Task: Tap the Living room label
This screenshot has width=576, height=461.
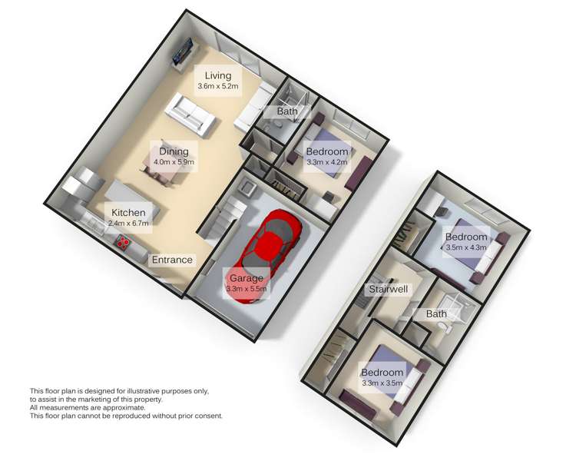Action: [x=217, y=75]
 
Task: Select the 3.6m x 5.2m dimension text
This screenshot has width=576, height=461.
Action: [x=218, y=87]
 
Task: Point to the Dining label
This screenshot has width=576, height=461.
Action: [x=174, y=151]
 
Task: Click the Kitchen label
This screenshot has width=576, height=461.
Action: [x=128, y=212]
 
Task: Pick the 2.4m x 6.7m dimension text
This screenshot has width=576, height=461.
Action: [x=128, y=224]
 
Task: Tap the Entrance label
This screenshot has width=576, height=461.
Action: [x=172, y=260]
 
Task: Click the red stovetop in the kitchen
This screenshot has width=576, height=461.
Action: [x=123, y=244]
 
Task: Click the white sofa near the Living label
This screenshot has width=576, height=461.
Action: [x=189, y=114]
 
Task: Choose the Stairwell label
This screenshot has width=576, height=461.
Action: [x=389, y=290]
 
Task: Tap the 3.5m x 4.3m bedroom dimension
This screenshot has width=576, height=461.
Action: [x=467, y=247]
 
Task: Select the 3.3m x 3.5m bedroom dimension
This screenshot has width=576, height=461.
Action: [x=382, y=384]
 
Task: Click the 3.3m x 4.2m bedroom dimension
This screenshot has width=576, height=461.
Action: [x=326, y=163]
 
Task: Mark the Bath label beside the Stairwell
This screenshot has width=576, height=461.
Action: [x=436, y=314]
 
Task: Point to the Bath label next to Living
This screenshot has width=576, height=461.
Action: [x=287, y=112]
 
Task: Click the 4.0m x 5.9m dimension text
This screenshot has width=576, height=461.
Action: [x=174, y=163]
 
